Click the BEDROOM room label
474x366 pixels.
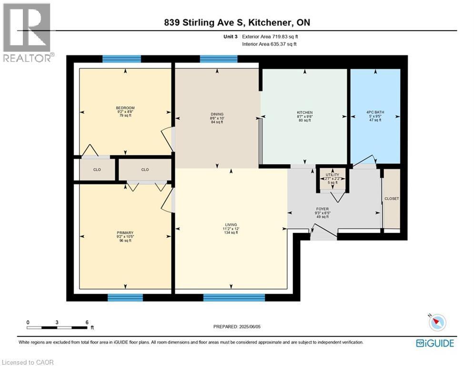(x=125, y=108)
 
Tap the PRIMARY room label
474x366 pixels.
(x=125, y=233)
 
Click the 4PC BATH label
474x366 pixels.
(x=375, y=112)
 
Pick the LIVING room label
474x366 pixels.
(x=231, y=224)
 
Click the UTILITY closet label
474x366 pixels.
(x=332, y=175)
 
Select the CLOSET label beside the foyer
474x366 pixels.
(x=392, y=199)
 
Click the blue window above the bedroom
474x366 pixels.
(x=121, y=59)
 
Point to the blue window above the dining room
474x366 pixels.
(x=219, y=59)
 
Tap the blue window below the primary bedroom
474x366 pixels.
(x=125, y=298)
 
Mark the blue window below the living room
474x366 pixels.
(x=234, y=298)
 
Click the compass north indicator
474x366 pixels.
(x=437, y=323)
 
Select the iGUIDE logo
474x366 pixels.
(x=434, y=343)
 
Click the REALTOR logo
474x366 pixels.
(x=27, y=32)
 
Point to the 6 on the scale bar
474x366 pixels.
(x=87, y=322)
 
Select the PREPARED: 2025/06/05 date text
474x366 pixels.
(x=237, y=326)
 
